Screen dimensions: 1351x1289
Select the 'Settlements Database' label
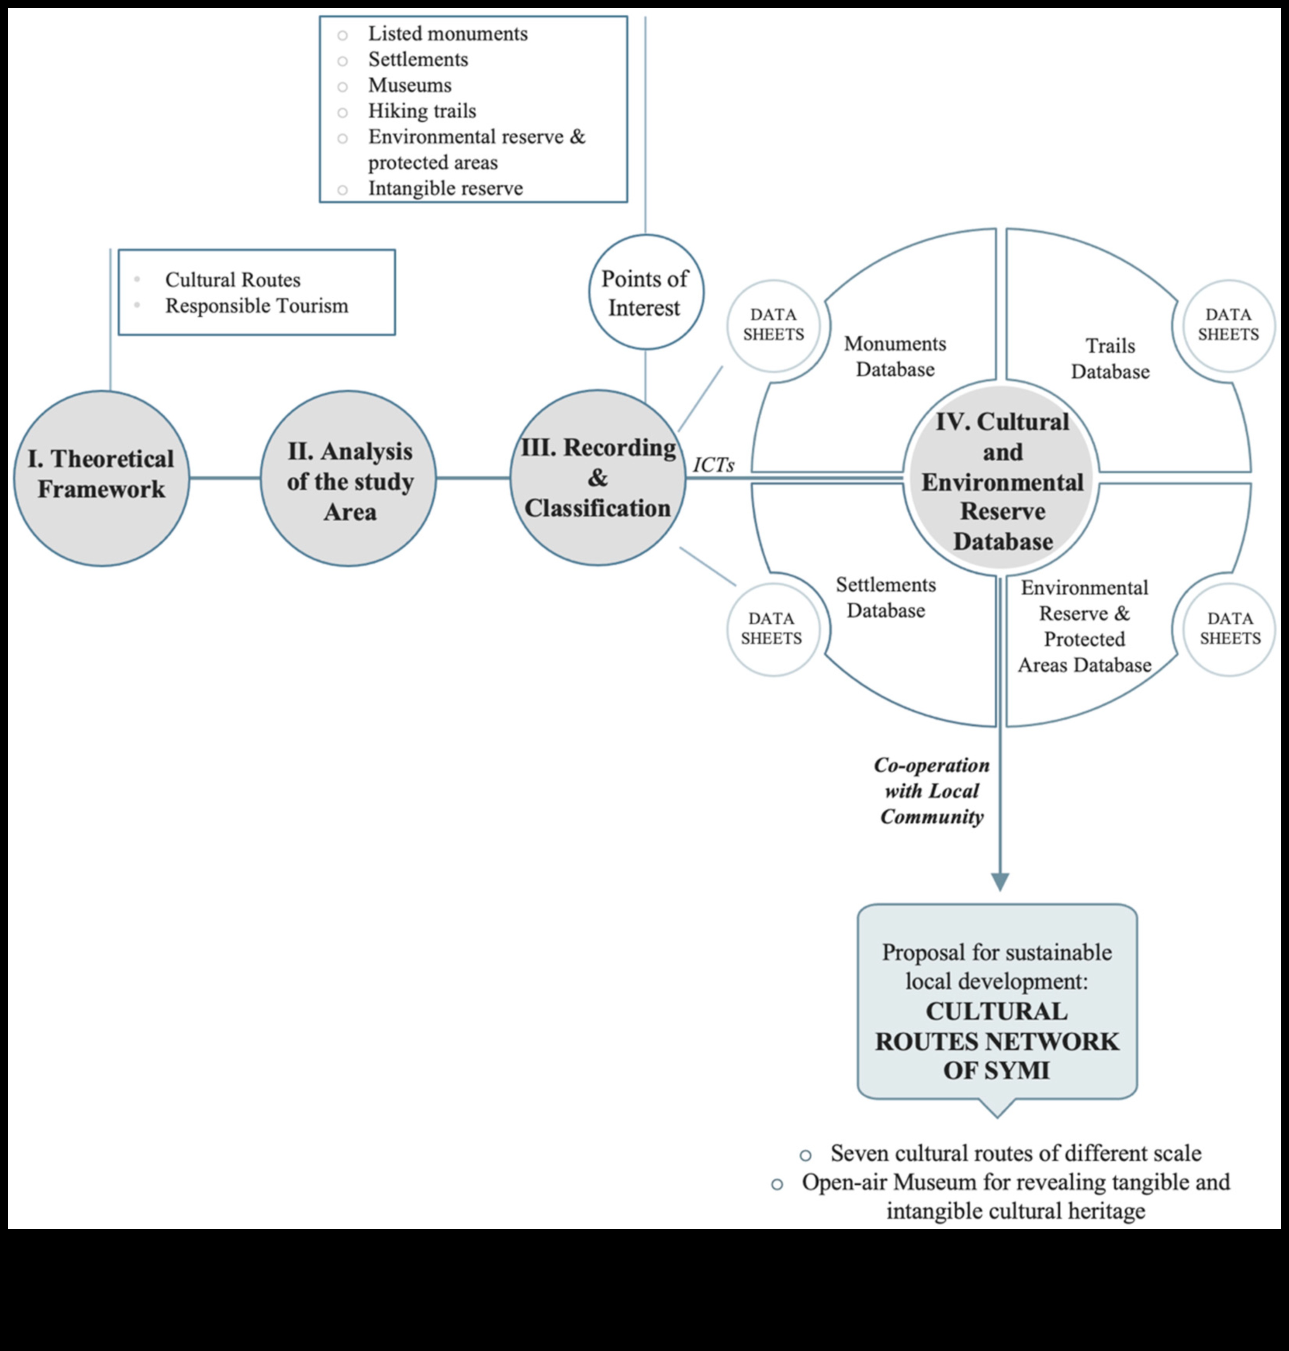(x=886, y=597)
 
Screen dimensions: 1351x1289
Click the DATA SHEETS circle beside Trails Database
(x=1228, y=325)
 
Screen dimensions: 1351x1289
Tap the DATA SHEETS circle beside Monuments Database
(x=773, y=325)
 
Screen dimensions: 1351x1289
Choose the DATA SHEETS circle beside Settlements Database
(x=772, y=628)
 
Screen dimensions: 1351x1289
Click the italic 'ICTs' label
(x=713, y=465)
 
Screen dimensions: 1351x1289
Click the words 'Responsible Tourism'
(x=256, y=305)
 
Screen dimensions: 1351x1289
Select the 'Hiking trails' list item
(x=422, y=110)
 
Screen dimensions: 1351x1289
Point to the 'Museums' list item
(x=410, y=85)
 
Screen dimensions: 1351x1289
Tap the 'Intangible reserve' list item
(x=445, y=188)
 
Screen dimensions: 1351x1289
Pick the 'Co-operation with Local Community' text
(x=932, y=790)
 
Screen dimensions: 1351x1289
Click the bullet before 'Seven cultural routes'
(x=805, y=1155)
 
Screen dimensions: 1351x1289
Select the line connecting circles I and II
(x=225, y=478)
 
